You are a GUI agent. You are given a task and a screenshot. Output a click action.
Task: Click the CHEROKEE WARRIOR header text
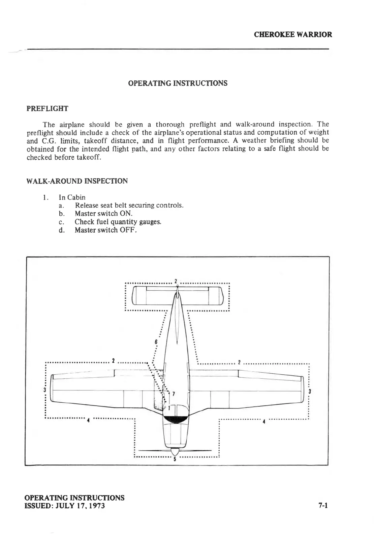coord(292,34)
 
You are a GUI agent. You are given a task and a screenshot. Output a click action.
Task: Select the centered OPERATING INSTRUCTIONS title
coord(178,83)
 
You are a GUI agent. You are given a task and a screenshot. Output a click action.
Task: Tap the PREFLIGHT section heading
coord(47,109)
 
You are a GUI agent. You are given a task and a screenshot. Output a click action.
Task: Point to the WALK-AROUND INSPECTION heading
coord(77,181)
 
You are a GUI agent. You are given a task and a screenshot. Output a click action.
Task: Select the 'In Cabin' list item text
coord(72,197)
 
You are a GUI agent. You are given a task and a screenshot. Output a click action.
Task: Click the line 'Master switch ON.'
coord(103,213)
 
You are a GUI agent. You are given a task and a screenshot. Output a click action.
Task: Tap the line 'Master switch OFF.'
coord(105,230)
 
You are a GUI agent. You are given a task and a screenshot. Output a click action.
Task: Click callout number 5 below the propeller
coord(175,459)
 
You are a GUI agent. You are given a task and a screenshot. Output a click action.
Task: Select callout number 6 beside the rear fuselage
coord(156,341)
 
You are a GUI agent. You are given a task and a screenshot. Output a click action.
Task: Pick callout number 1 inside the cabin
coord(169,408)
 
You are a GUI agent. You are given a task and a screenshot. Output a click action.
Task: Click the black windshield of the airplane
coord(175,419)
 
